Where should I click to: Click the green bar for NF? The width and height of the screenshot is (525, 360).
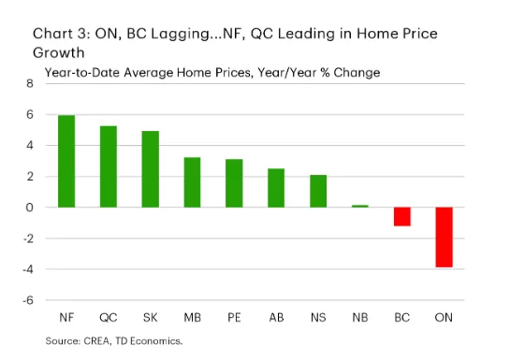[x=66, y=161]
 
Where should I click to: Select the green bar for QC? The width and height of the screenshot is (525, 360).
[x=109, y=166]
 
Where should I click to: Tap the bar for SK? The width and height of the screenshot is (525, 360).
[x=151, y=169]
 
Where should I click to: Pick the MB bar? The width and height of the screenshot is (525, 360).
[x=192, y=182]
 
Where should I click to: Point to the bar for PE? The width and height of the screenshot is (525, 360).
[x=234, y=183]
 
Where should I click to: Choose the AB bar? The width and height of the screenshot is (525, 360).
[x=276, y=188]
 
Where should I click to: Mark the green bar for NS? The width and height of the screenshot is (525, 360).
[x=318, y=191]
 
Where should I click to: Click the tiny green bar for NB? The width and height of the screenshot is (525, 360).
[x=360, y=206]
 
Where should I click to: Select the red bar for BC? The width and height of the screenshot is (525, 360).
[x=402, y=217]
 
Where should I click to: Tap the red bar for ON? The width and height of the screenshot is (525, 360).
[x=444, y=238]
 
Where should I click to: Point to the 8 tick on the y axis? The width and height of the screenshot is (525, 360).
[x=30, y=83]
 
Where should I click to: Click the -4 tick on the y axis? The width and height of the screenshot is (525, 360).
[x=28, y=269]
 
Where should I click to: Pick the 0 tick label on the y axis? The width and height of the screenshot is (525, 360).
[x=29, y=208]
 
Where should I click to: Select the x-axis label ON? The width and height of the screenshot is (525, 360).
[x=444, y=317]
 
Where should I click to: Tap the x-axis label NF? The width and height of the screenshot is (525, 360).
[x=66, y=317]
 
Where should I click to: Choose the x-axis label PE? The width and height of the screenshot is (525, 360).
[x=234, y=317]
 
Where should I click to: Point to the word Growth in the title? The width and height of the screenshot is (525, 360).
[x=59, y=53]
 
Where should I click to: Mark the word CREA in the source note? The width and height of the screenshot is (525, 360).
[x=96, y=341]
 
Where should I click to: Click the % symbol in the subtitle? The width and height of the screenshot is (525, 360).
[x=326, y=72]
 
